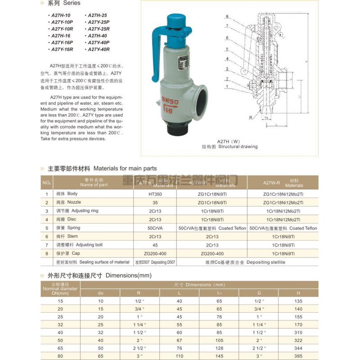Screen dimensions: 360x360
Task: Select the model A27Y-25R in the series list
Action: [99, 29]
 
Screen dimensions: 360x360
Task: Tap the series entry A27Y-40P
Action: [99, 42]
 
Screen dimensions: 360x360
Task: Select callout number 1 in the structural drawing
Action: [227, 86]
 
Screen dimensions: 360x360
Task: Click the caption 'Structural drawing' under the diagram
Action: [238, 147]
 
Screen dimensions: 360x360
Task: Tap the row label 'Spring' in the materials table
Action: [74, 228]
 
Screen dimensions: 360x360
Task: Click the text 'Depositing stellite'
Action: [266, 262]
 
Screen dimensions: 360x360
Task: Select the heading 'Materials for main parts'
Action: [125, 168]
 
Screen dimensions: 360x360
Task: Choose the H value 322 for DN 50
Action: [298, 340]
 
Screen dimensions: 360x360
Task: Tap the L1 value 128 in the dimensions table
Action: [219, 348]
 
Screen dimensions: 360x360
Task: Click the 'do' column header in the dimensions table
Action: [100, 293]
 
